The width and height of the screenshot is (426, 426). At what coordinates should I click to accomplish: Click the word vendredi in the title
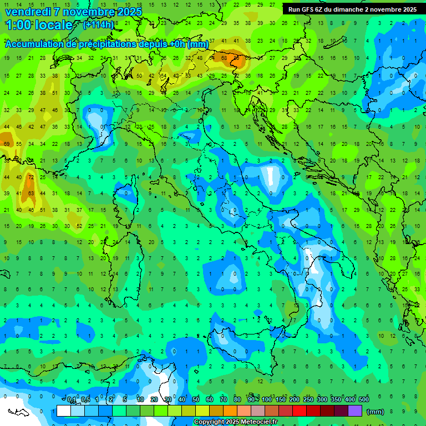28,12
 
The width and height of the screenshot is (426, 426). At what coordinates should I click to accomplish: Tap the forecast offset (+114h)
98,24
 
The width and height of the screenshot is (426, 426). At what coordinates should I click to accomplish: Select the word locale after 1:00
54,25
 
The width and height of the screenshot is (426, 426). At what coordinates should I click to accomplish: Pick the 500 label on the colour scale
363,400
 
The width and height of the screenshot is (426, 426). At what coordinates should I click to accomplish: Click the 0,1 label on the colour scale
72,400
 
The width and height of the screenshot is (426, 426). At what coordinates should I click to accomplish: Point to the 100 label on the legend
267,400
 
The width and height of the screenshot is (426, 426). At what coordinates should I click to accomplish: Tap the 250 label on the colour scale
308,400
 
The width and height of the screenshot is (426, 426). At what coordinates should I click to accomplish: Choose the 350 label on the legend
336,400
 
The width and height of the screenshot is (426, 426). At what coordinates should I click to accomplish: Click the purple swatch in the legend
355,410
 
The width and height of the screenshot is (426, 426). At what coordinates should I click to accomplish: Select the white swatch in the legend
64,410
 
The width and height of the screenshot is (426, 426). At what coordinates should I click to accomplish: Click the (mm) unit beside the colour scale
376,411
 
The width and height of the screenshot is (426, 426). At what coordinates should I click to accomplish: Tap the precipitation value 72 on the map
31,177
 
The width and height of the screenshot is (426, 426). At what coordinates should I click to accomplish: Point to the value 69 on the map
7,144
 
